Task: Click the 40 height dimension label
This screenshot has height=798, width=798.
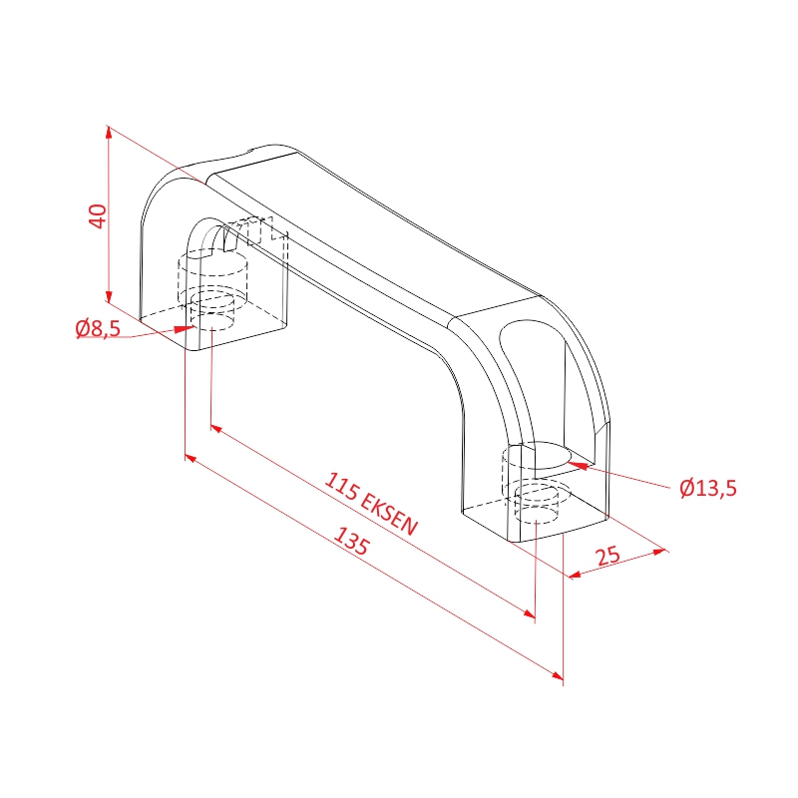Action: pyautogui.click(x=97, y=215)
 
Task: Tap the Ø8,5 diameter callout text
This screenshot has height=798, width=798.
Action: pyautogui.click(x=98, y=328)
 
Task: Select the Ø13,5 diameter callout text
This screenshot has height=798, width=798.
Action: pyautogui.click(x=708, y=488)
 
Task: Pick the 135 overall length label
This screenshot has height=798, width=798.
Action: pyautogui.click(x=351, y=541)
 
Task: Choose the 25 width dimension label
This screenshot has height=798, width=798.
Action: pyautogui.click(x=607, y=556)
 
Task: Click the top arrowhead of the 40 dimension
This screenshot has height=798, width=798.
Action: pyautogui.click(x=108, y=133)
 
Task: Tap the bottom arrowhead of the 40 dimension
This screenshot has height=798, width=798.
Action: pyautogui.click(x=108, y=295)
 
